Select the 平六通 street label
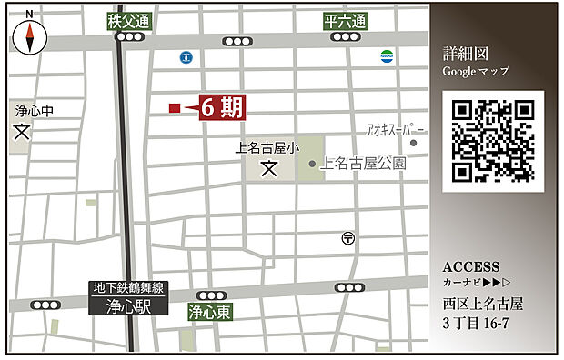point(345,21)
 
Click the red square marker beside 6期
point(174,108)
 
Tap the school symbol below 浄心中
point(22,131)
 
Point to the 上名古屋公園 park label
point(363,165)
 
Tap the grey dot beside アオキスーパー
point(413,143)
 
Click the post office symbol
point(347,238)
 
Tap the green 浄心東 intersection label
point(209,312)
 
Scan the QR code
point(492,141)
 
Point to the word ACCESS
point(470,267)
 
